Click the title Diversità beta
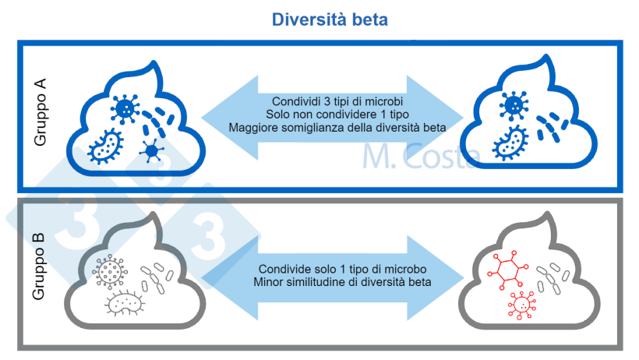coord(329,19)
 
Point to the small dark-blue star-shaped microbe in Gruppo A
coord(151,150)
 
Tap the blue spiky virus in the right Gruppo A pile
coord(514,104)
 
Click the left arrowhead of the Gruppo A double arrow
coord(221,115)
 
